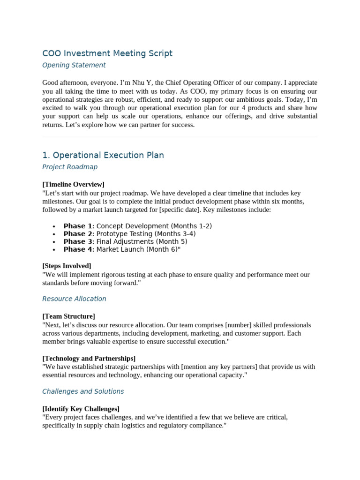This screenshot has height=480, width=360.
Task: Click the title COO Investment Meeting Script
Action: pos(107,53)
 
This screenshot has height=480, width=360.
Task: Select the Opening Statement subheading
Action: pos(74,65)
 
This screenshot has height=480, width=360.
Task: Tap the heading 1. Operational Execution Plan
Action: pos(103,155)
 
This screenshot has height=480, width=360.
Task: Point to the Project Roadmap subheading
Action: pos(70,167)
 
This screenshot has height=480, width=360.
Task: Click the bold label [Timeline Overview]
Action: pos(73,184)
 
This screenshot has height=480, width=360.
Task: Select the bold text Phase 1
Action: pos(78,226)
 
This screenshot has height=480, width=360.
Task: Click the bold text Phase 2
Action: pos(78,234)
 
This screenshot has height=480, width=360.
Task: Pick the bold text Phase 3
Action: pos(78,242)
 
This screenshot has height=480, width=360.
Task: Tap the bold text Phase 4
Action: pos(78,249)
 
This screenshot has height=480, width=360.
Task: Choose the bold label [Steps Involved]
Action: pos(67,266)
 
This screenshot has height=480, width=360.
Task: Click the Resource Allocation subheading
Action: pos(74,299)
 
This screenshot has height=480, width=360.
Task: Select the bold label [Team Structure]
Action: pos(68,316)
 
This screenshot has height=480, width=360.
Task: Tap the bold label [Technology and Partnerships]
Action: pos(89,358)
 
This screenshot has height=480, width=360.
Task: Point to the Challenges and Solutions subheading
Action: pos(83,391)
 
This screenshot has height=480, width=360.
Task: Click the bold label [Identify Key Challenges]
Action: pos(81,408)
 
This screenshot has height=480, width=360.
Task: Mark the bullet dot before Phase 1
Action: pos(55,226)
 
